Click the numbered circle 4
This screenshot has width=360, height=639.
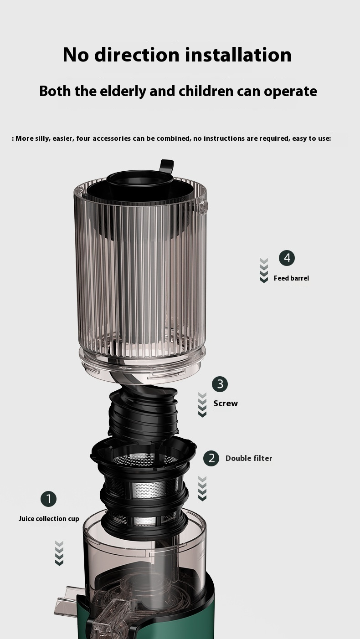point(287,258)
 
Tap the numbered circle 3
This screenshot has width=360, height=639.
point(220,384)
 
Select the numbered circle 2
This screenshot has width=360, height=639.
point(211,459)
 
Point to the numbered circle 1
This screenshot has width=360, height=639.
point(49,499)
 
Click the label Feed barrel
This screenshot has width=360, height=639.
point(291,278)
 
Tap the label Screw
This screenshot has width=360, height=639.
point(226,404)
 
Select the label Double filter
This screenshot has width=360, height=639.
point(249,459)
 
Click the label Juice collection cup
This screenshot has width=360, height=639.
point(49,519)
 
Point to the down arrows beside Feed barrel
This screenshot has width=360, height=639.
point(264,271)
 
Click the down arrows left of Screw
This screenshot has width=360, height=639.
point(202,405)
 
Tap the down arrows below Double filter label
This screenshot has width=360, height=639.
point(202,488)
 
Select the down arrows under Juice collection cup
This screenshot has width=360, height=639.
point(59,553)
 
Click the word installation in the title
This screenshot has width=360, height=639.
point(238,55)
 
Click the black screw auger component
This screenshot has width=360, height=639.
point(144,411)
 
